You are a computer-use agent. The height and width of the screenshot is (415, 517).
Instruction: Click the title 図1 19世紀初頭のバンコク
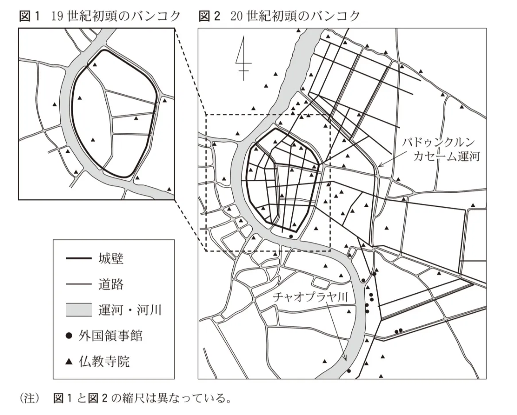point(100,16)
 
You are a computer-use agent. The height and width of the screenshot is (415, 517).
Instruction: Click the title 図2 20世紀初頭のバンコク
point(279,16)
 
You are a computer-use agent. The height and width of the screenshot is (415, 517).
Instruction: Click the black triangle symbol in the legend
point(69,362)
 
